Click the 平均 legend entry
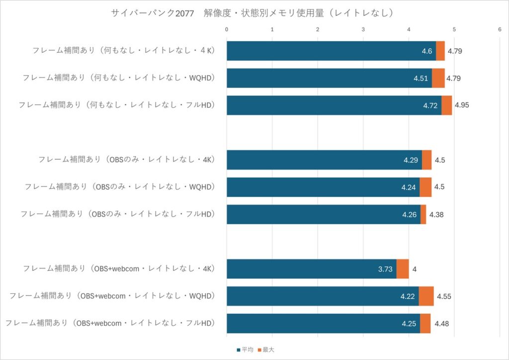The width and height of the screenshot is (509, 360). tap(247, 350)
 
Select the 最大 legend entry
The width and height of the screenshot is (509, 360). tap(268, 350)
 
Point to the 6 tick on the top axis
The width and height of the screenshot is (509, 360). tap(500, 30)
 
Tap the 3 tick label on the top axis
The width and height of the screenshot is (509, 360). tap(363, 30)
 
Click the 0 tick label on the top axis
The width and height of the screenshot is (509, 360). tap(227, 30)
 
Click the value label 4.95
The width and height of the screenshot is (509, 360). tap(462, 105)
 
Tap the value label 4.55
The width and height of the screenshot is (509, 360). tap(443, 296)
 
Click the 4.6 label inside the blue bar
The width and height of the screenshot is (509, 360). tap(427, 51)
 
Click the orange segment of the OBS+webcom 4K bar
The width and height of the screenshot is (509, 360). tap(403, 269)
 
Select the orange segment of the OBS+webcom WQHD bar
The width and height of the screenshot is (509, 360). tap(426, 296)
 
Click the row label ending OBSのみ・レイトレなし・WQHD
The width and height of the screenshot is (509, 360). tap(119, 187)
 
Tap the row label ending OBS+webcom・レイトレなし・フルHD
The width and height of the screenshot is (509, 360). tap(110, 324)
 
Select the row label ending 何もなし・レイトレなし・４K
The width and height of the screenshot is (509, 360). tap(123, 51)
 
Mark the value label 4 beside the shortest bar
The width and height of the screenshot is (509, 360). tap(415, 269)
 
